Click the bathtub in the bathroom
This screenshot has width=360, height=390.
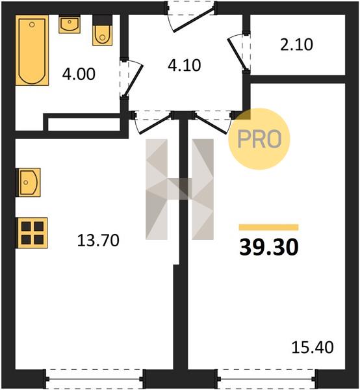pos(32,50)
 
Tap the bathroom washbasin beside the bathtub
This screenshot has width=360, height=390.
pos(70,24)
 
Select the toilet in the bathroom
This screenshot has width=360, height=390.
pos(103,31)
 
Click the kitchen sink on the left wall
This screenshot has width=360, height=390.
pos(28,182)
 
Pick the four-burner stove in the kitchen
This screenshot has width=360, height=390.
pos(32,233)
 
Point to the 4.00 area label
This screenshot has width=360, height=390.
pos(79,74)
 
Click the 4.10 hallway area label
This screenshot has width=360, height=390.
pos(185,66)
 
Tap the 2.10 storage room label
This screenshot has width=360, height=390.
pos(296,45)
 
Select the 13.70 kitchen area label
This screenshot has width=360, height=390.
pos(98,240)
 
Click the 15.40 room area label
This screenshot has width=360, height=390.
pos(313,347)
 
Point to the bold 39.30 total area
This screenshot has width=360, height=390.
pos(269,247)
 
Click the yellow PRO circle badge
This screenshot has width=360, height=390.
pos(259,139)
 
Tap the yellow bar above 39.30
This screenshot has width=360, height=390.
pos(269,227)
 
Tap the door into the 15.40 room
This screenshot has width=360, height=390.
pos(212,123)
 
